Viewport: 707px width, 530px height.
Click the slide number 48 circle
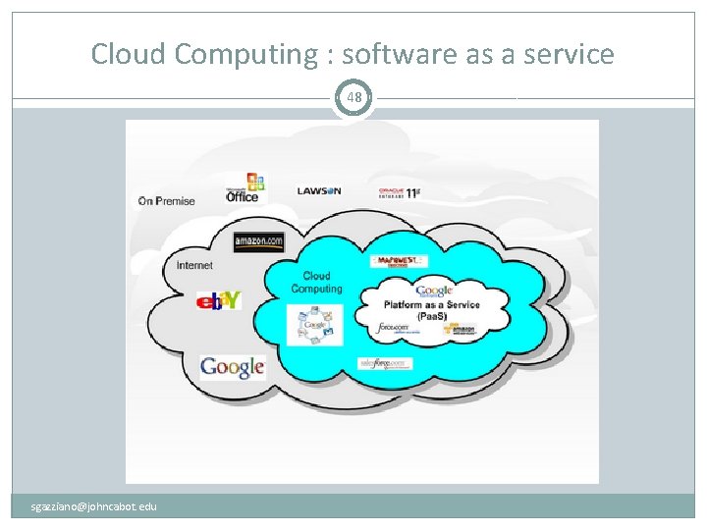point(353,97)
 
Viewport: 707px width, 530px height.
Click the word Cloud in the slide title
point(128,54)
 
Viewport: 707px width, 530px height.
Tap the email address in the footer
point(93,506)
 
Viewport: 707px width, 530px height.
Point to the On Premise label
point(167,201)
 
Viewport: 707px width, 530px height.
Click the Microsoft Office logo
point(243,188)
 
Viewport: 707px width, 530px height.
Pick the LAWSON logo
point(319,190)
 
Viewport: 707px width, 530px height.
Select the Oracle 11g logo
point(399,192)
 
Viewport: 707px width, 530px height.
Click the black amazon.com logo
point(258,241)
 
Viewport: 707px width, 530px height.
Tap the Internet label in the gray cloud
point(194,265)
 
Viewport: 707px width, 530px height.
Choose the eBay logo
point(218,300)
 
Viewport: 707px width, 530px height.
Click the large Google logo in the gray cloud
point(233,367)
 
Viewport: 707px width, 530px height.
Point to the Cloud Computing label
point(316,283)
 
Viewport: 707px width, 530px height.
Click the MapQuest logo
point(398,261)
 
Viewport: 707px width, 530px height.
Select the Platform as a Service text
point(432,310)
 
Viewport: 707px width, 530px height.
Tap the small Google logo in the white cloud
point(433,291)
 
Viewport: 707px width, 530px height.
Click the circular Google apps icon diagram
point(315,325)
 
